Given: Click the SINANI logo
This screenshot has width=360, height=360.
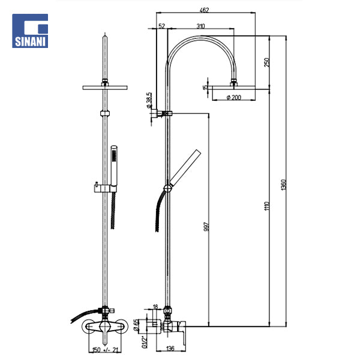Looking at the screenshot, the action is [x=30, y=31].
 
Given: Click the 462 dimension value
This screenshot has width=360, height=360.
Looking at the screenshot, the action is [x=204, y=10].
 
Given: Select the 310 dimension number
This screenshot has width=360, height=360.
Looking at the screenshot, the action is [x=200, y=26].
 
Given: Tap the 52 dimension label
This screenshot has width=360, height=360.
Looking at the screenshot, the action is [x=161, y=26].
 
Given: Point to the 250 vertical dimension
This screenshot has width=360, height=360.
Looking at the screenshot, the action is [x=266, y=62].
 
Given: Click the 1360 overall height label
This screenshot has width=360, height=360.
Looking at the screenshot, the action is [x=284, y=185].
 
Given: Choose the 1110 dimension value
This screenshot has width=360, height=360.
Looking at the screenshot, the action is [x=266, y=206].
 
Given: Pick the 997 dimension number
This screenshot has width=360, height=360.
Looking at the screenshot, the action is [x=206, y=226].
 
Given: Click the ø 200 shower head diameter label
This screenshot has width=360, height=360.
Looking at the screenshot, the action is [x=234, y=98].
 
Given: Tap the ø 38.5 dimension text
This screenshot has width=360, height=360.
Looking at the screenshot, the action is [x=149, y=100].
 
